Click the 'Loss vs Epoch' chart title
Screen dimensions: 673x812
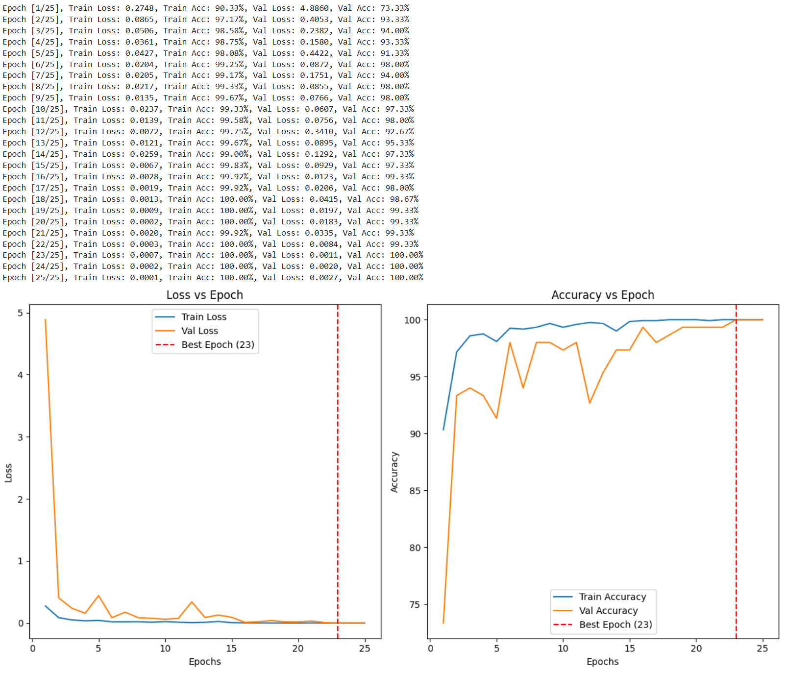204,295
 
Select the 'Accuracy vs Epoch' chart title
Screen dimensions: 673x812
602,295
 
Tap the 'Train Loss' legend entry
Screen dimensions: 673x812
203,317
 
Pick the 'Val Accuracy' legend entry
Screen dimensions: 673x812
608,611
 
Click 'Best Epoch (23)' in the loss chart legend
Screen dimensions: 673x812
218,345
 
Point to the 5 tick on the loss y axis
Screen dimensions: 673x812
21,313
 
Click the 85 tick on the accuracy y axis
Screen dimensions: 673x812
415,491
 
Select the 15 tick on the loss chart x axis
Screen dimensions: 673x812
231,649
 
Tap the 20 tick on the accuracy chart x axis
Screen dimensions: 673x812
696,649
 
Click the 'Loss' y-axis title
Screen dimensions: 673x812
8,473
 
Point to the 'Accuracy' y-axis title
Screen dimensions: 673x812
394,472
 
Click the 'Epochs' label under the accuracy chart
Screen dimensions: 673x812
602,662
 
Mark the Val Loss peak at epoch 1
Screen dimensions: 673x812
46,320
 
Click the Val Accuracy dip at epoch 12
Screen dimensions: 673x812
590,403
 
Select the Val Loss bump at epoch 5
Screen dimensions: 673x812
98,596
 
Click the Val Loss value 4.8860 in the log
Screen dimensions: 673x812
314,8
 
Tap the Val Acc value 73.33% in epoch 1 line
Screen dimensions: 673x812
394,8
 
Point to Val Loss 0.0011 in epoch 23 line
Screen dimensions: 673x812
323,255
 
